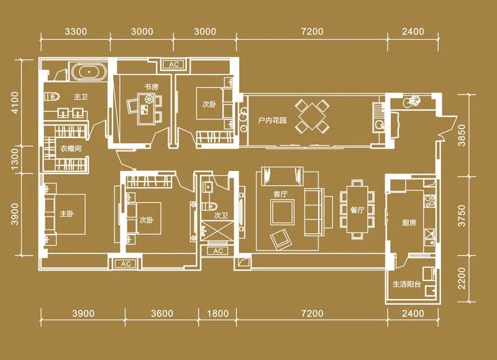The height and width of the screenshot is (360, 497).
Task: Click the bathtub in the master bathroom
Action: pyautogui.click(x=89, y=72)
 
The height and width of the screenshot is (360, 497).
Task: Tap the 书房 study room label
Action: pyautogui.click(x=151, y=86)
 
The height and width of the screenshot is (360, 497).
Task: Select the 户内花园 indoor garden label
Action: pyautogui.click(x=272, y=121)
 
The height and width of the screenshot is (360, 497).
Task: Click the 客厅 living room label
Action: pyautogui.click(x=280, y=194)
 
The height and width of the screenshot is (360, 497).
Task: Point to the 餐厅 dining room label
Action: pyautogui.click(x=357, y=210)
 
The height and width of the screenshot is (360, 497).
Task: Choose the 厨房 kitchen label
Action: pyautogui.click(x=409, y=223)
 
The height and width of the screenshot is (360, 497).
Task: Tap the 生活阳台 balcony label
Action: pyautogui.click(x=407, y=284)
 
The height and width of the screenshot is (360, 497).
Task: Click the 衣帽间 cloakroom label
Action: pyautogui.click(x=71, y=149)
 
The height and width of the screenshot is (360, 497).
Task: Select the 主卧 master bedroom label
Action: pyautogui.click(x=67, y=214)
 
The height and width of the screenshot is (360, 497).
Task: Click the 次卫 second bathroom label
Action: pyautogui.click(x=221, y=216)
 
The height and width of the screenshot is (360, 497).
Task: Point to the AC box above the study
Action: pyautogui.click(x=174, y=65)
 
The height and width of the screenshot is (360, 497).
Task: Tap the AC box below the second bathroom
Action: pyautogui.click(x=218, y=251)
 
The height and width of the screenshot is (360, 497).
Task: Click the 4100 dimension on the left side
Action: pyautogui.click(x=14, y=103)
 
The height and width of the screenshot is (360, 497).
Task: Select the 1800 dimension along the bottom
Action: pyautogui.click(x=218, y=314)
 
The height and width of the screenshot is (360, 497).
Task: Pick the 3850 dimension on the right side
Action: pyautogui.click(x=462, y=135)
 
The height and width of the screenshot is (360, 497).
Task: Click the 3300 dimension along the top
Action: pyautogui.click(x=76, y=32)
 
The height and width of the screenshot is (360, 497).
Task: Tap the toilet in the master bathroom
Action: pyautogui.click(x=52, y=96)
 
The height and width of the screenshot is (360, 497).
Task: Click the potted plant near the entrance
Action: pyautogui.click(x=413, y=101)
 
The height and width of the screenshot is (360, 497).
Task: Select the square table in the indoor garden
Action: pyautogui.click(x=312, y=116)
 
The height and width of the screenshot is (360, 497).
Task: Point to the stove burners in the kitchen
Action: pyautogui.click(x=429, y=201)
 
